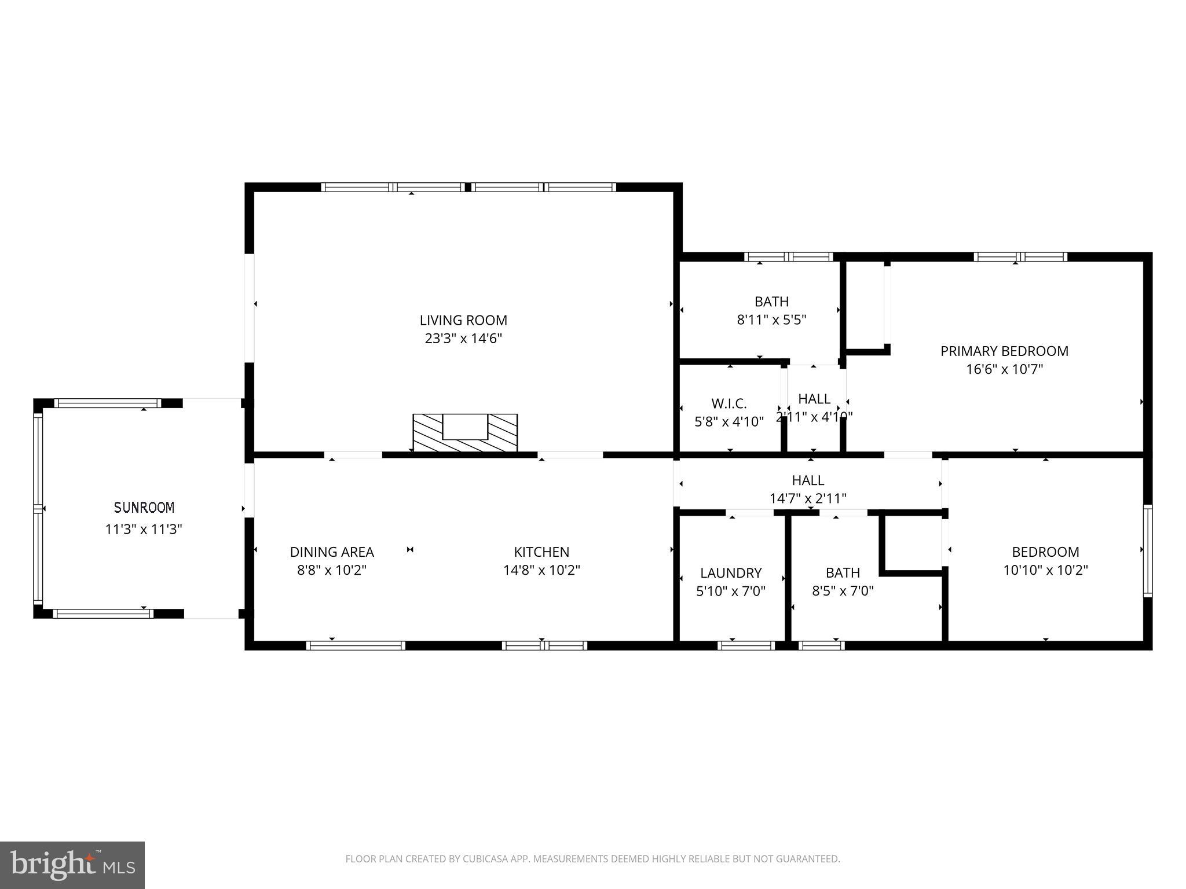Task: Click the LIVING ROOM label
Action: (x=463, y=320)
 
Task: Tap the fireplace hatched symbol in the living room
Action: (x=465, y=434)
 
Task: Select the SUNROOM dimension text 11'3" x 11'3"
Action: (x=144, y=529)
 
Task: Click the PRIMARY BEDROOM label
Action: (x=1004, y=351)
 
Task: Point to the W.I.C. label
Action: (x=729, y=403)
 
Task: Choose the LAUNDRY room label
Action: (x=731, y=573)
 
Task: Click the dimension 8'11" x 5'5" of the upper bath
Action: (x=771, y=320)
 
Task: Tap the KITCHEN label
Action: (x=541, y=552)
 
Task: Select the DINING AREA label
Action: (x=332, y=552)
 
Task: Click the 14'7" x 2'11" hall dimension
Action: (x=808, y=498)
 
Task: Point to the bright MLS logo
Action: (x=72, y=865)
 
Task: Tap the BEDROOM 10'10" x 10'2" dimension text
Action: (x=1045, y=570)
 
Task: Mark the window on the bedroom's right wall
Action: (x=1147, y=550)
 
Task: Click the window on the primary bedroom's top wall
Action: (x=1020, y=256)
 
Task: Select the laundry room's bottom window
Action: (x=746, y=645)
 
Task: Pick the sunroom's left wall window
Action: (x=38, y=508)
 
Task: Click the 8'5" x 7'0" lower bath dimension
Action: (x=843, y=591)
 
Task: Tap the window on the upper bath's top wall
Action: (x=788, y=256)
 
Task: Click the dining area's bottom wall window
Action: (x=355, y=645)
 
